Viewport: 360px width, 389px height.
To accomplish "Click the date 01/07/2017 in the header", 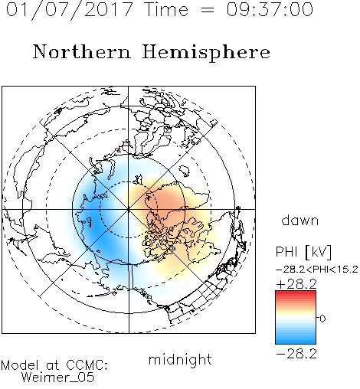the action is (x=69, y=10).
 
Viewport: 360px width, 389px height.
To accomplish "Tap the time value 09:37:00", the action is (x=270, y=9).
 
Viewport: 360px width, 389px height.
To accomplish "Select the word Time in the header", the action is (x=166, y=9).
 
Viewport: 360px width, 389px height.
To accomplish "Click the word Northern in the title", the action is (x=82, y=52).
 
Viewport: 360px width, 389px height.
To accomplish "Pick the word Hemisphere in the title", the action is (x=206, y=53).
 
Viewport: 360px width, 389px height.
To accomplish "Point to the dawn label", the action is (x=299, y=220).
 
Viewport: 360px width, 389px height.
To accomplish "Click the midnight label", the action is (x=180, y=359).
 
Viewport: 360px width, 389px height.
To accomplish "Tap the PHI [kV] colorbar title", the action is (x=303, y=252).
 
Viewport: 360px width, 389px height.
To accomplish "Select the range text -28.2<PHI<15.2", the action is (x=317, y=270).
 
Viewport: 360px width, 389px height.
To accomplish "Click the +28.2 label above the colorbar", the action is (x=296, y=284).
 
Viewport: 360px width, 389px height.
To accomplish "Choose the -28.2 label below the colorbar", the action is (x=296, y=354).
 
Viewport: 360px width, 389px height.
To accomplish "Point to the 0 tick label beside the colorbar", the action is (x=322, y=319).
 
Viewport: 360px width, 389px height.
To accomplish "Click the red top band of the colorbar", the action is (x=296, y=293).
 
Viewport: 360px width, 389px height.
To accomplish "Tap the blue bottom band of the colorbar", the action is (x=296, y=341).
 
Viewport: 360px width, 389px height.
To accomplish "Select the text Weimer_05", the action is (x=58, y=378).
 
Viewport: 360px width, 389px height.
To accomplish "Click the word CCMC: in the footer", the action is (x=87, y=365).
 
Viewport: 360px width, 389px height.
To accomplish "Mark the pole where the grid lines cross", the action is (x=129, y=209).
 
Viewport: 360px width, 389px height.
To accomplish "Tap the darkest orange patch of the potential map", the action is (x=166, y=201).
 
